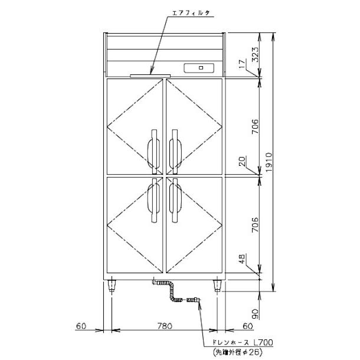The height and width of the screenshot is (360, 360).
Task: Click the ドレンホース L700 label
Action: point(231,342)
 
